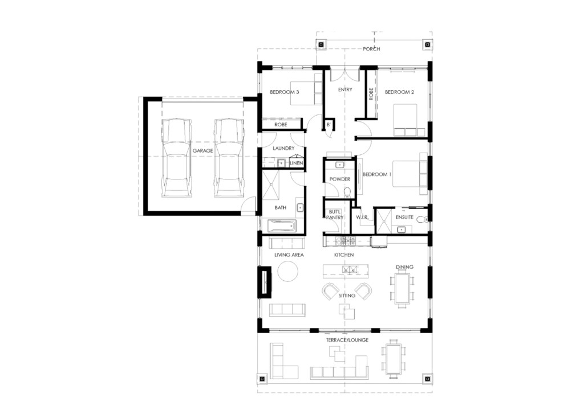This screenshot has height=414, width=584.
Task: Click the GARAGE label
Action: click(202, 151)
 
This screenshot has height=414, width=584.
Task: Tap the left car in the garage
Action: click(176, 158)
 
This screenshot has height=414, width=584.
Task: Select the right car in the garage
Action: click(228, 158)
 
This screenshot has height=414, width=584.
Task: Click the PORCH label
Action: click(371, 49)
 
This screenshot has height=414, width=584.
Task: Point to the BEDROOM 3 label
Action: click(285, 92)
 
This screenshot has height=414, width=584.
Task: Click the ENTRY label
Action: click(345, 89)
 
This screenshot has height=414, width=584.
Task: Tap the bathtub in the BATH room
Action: click(282, 226)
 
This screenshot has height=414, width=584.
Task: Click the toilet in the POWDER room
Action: click(347, 192)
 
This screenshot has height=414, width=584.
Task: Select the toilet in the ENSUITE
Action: click(421, 219)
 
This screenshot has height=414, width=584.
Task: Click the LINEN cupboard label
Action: click(297, 163)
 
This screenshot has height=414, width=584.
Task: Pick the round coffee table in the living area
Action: click(288, 271)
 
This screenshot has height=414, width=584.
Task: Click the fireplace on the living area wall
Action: click(265, 281)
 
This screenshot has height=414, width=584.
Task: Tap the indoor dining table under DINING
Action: click(402, 289)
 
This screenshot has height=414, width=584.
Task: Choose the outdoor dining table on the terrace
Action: click(394, 359)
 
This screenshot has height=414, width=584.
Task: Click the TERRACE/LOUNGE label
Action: click(347, 339)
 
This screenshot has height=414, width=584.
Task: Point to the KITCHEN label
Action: click(344, 255)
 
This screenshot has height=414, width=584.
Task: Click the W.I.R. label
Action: click(362, 217)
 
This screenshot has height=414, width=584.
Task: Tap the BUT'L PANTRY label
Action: click(334, 215)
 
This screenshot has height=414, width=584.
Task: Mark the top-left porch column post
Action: click(321, 44)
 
